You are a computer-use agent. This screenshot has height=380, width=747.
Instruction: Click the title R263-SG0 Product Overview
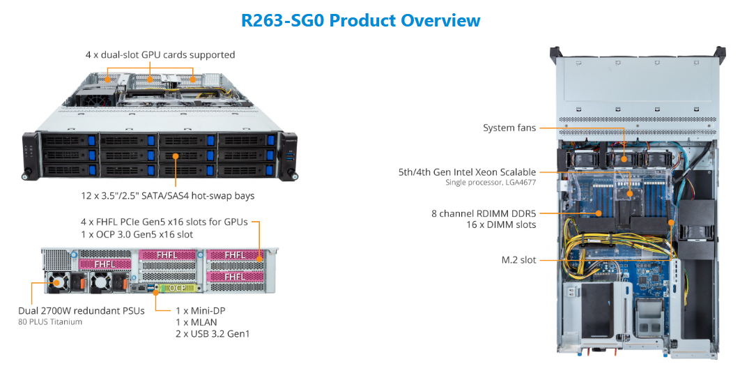click(x=360, y=20)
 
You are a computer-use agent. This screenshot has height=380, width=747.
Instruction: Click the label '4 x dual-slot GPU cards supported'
click(x=160, y=54)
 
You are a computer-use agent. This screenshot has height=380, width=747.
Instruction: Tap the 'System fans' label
click(x=509, y=128)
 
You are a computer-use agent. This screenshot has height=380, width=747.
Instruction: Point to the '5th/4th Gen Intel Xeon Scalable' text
click(x=477, y=172)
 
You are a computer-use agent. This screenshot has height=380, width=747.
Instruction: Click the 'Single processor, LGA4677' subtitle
click(x=491, y=183)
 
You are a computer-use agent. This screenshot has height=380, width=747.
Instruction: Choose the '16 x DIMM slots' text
click(x=501, y=225)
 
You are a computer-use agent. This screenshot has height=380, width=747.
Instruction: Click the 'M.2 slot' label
click(x=518, y=260)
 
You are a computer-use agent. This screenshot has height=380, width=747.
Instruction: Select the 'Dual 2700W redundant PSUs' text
click(x=82, y=310)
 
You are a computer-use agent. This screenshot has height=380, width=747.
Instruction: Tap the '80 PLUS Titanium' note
click(x=50, y=322)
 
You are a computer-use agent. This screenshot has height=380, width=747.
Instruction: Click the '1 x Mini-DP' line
click(x=200, y=310)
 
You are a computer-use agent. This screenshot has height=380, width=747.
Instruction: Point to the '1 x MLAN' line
click(x=196, y=322)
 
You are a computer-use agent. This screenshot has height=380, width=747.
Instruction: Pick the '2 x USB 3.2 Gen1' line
click(x=213, y=334)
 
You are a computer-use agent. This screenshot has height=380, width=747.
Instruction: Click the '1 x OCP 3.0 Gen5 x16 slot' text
click(x=137, y=234)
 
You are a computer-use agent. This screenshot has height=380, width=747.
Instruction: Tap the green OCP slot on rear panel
click(x=173, y=287)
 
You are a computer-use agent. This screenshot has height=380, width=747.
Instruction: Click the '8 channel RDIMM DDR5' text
click(x=483, y=213)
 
